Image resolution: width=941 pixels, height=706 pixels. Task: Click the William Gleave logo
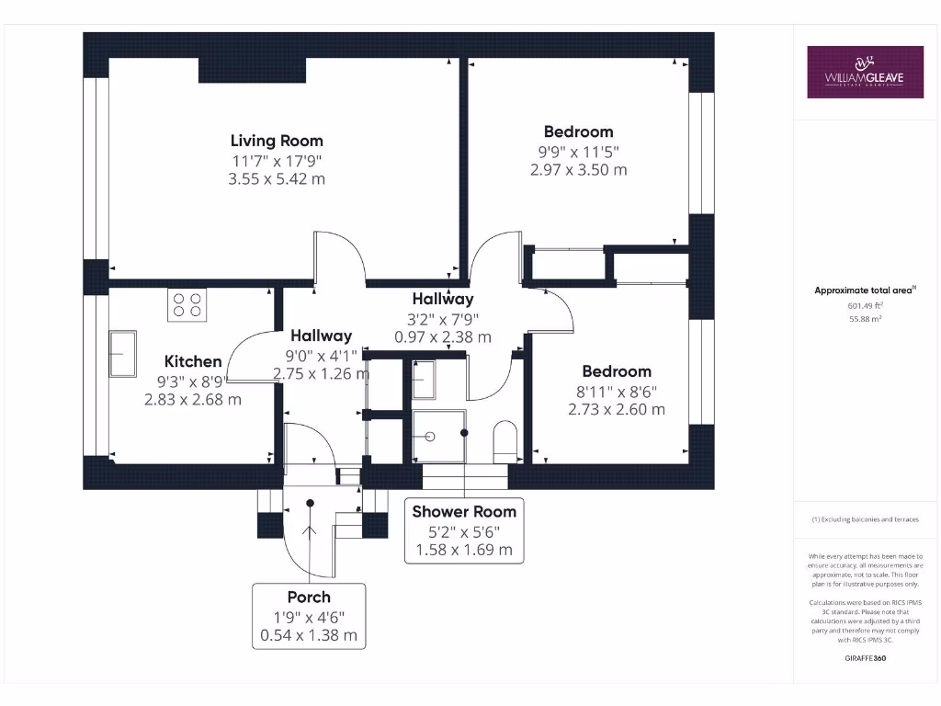[x=865, y=72]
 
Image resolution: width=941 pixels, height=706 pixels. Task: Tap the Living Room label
[x=277, y=141]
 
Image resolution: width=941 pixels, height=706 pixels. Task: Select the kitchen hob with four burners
[x=187, y=305]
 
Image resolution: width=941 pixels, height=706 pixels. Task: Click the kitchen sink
[x=122, y=353]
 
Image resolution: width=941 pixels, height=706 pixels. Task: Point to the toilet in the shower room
[x=506, y=441]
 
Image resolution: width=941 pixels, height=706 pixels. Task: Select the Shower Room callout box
[x=464, y=530]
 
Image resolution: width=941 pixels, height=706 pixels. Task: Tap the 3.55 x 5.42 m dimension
[x=277, y=179]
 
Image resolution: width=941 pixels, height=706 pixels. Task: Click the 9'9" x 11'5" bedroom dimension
[x=578, y=151]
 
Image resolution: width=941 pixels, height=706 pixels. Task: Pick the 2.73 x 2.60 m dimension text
[x=617, y=409]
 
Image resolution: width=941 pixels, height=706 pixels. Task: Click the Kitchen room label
[x=193, y=361]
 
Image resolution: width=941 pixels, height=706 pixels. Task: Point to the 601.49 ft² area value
[x=865, y=305]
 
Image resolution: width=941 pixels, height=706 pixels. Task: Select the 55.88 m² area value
[x=865, y=319]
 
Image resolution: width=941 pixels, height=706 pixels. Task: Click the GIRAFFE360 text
[x=865, y=658]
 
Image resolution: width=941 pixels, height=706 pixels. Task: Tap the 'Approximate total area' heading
[x=865, y=290]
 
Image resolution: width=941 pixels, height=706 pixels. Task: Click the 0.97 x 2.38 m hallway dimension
[x=442, y=337]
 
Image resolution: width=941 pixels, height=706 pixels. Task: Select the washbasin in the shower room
[x=424, y=380]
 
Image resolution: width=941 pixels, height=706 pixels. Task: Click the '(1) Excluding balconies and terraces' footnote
[x=865, y=519]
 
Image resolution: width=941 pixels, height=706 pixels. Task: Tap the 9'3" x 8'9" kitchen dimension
[x=193, y=381]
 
